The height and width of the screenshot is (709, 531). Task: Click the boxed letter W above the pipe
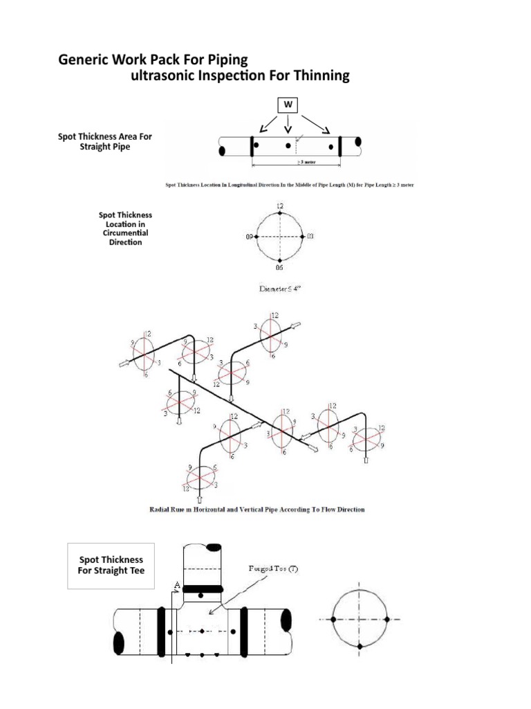tap(288, 105)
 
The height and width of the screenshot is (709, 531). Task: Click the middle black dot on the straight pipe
tap(288, 146)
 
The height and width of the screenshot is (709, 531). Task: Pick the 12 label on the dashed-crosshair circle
tap(279, 206)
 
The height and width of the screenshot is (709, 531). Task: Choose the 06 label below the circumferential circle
tap(279, 267)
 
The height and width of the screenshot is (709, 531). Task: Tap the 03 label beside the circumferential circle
tap(310, 237)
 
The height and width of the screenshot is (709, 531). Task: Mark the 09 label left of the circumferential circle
tap(249, 237)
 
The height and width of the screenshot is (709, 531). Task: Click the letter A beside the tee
tap(177, 584)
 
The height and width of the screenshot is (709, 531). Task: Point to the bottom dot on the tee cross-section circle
tap(360, 646)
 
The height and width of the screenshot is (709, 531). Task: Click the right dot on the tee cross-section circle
tap(386, 619)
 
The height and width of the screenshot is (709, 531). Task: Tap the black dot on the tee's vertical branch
tap(201, 595)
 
